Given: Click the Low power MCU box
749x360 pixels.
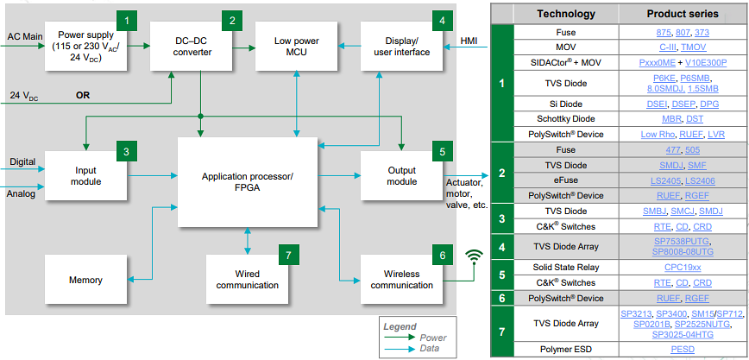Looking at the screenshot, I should (296, 47).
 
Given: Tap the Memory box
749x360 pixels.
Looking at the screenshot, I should (85, 280).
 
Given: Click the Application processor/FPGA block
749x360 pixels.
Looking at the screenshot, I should (248, 182).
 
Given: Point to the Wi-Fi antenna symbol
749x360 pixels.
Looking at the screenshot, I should (472, 256).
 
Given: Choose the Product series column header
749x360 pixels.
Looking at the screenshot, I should (682, 14).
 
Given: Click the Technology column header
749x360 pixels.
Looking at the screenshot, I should (566, 14).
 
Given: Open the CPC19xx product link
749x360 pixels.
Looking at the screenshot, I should (682, 267).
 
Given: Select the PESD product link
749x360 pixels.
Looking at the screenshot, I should (682, 350).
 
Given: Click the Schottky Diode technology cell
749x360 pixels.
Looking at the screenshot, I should (566, 118).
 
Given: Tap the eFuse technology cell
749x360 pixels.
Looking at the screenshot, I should (566, 180).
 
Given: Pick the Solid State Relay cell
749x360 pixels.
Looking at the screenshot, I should (566, 267).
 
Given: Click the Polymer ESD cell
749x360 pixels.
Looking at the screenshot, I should (566, 350).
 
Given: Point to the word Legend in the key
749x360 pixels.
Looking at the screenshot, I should (400, 325).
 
